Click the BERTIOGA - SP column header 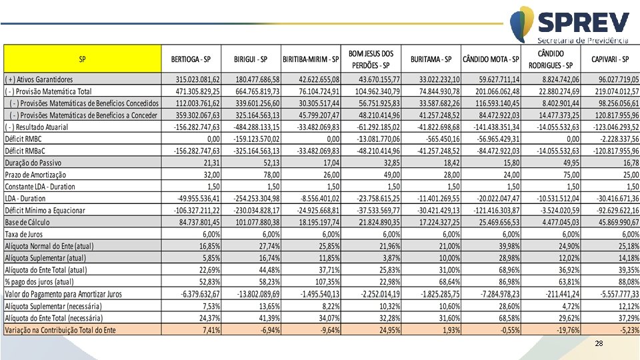click(x=195, y=59)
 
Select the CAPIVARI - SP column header click(x=609, y=59)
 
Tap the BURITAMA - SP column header click(x=431, y=59)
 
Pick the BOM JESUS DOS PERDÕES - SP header click(x=371, y=59)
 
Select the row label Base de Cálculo click(x=27, y=223)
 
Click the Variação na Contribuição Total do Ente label click(x=60, y=330)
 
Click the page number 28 click(x=599, y=343)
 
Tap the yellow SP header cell click(x=82, y=59)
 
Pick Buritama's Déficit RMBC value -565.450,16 click(x=438, y=139)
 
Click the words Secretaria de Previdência click(x=583, y=40)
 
